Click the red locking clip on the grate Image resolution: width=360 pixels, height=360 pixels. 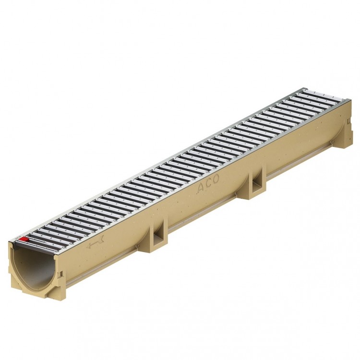pos(24,239)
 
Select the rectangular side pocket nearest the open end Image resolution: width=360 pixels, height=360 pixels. pos(157,235)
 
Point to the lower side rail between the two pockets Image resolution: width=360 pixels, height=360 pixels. pos(206,212)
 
